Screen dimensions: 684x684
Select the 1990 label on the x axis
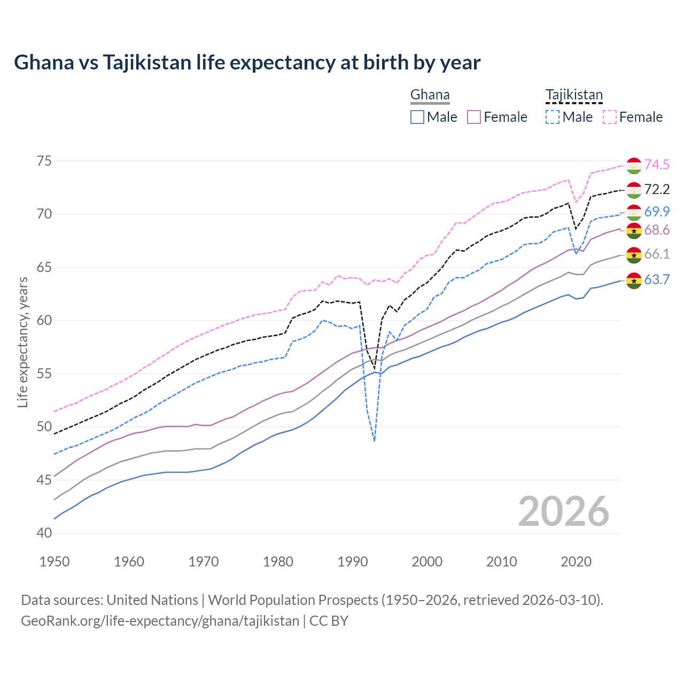pyautogui.click(x=353, y=562)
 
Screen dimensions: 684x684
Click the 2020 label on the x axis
pyautogui.click(x=576, y=562)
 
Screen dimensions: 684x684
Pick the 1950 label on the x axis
pyautogui.click(x=55, y=562)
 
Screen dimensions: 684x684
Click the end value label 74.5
pyautogui.click(x=657, y=165)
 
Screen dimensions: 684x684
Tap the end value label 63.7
pyautogui.click(x=657, y=279)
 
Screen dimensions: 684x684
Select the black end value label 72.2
pyautogui.click(x=657, y=189)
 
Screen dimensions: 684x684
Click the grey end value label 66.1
pyautogui.click(x=657, y=254)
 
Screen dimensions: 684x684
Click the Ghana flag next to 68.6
pyautogui.click(x=634, y=231)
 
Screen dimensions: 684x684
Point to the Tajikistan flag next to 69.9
pyautogui.click(x=634, y=213)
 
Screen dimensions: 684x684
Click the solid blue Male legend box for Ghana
pyautogui.click(x=417, y=117)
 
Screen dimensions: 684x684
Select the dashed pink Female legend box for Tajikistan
pyautogui.click(x=610, y=117)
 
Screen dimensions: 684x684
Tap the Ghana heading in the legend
pyautogui.click(x=430, y=95)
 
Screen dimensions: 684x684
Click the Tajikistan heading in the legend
pyautogui.click(x=574, y=95)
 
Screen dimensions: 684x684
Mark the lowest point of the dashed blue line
pyautogui.click(x=375, y=441)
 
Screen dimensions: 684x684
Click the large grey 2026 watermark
pyautogui.click(x=564, y=512)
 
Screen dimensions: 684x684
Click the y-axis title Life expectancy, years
pyautogui.click(x=23, y=342)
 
